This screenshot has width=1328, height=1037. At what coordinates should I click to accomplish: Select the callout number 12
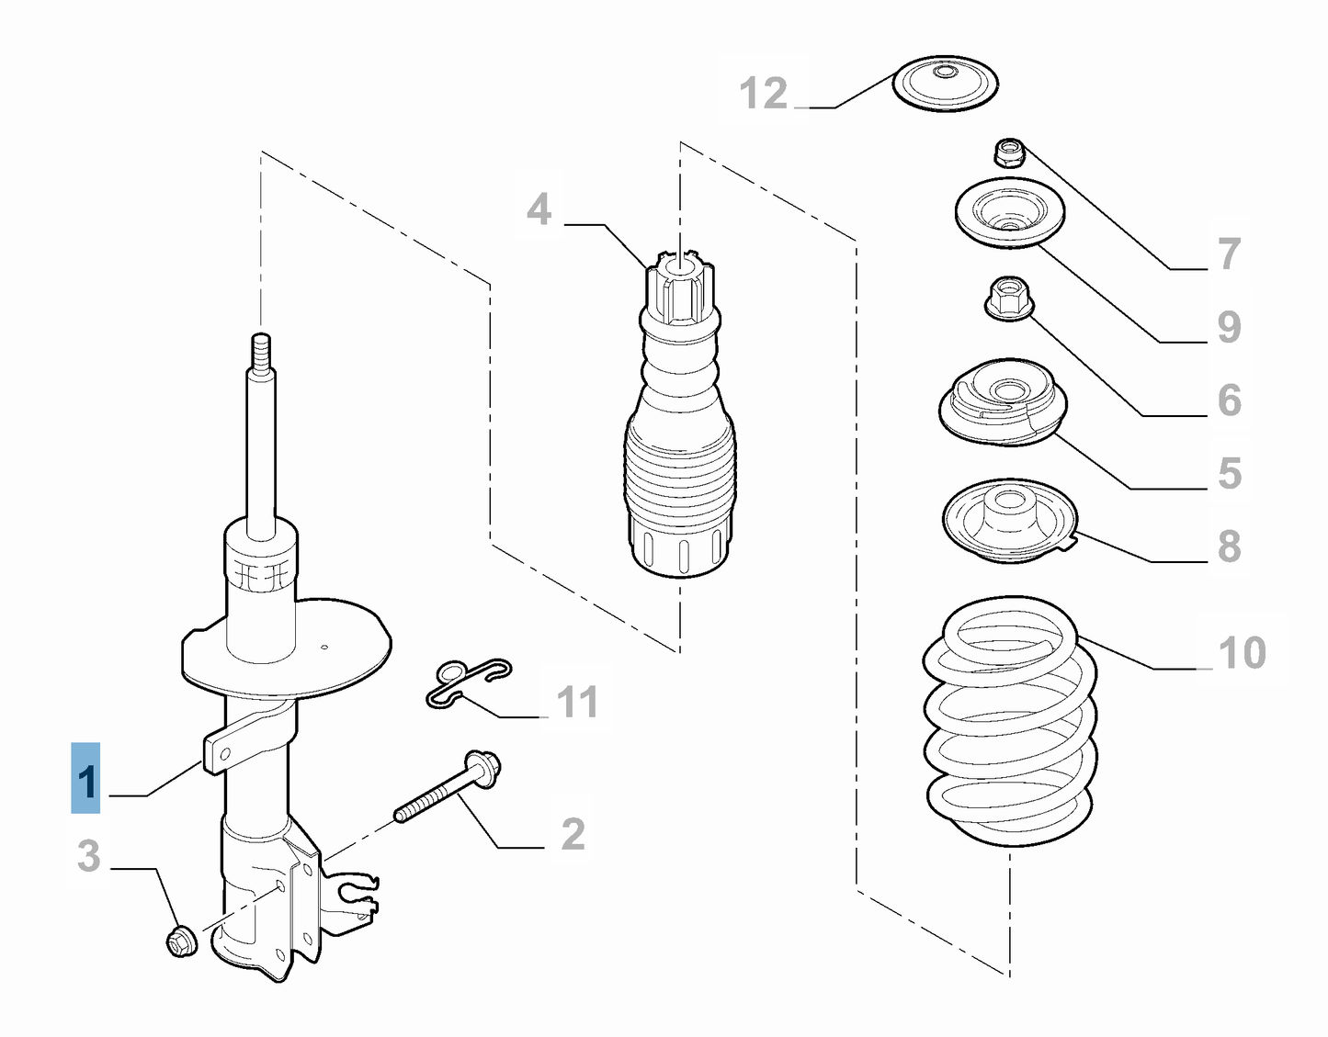pos(764,94)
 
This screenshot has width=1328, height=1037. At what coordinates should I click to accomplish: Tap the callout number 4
pos(539,210)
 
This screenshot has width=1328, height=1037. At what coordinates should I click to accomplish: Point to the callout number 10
pos(1242,653)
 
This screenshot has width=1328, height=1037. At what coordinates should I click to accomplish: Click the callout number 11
pos(577,703)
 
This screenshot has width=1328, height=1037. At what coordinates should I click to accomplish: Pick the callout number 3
pos(88,856)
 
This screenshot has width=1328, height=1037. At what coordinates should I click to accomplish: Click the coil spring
pos(1009,726)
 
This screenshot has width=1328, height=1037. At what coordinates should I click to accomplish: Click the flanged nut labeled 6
pos(1007,299)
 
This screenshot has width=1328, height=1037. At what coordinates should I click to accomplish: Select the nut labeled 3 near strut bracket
pos(179,941)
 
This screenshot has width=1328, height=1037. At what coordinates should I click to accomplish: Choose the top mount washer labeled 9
pos(1009,215)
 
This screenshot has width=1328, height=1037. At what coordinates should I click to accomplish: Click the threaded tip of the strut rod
pos(262,350)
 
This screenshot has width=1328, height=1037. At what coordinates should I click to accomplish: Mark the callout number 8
pos(1229,546)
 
